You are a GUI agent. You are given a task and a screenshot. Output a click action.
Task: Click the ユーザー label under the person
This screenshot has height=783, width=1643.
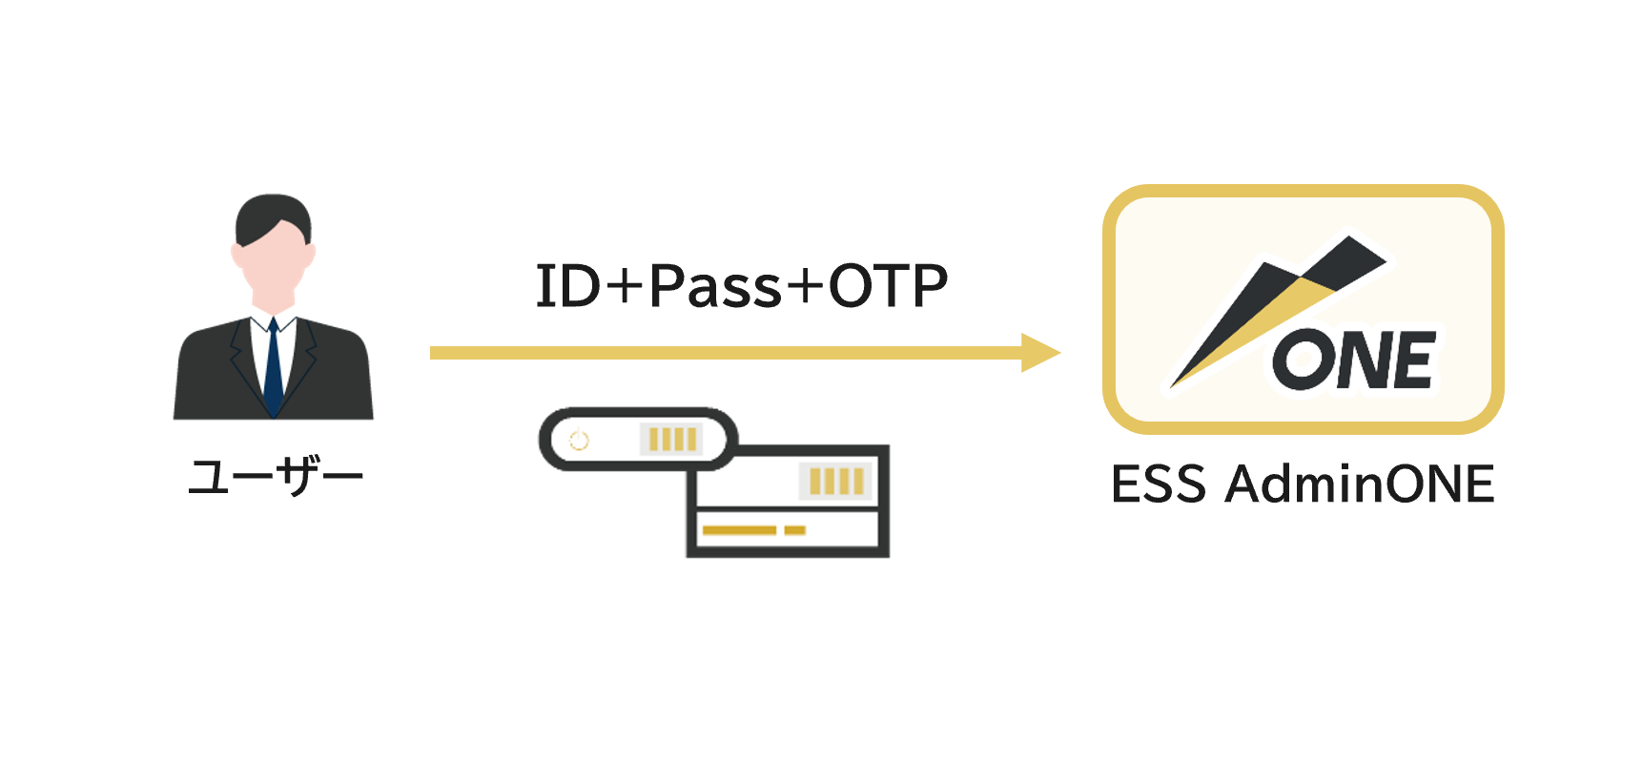(x=276, y=476)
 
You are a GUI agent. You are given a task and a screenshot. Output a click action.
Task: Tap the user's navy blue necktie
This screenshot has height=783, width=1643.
(x=274, y=368)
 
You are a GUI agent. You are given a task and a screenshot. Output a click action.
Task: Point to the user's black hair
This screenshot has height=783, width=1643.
(x=274, y=218)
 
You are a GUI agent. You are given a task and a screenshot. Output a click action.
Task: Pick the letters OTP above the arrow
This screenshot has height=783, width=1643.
(x=888, y=286)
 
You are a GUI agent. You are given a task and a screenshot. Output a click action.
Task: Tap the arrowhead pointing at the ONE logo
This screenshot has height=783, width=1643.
(x=1040, y=353)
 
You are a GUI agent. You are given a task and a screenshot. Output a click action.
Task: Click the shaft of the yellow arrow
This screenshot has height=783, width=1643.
(x=726, y=353)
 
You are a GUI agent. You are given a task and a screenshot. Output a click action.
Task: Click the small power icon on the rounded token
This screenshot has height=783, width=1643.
(x=579, y=440)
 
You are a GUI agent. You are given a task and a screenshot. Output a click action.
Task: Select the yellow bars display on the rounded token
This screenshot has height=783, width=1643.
(x=672, y=439)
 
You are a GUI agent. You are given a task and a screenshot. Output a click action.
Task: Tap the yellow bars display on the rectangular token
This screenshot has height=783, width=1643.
(x=836, y=482)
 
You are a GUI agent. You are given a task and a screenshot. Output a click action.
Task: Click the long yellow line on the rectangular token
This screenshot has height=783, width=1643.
(x=739, y=530)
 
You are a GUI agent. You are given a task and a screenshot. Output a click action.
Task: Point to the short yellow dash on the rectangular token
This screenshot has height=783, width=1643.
(x=795, y=530)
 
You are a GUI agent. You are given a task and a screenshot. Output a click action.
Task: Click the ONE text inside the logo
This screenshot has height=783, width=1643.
(x=1354, y=360)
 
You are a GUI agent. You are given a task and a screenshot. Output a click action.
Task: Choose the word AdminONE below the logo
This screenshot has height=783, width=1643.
(x=1360, y=484)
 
